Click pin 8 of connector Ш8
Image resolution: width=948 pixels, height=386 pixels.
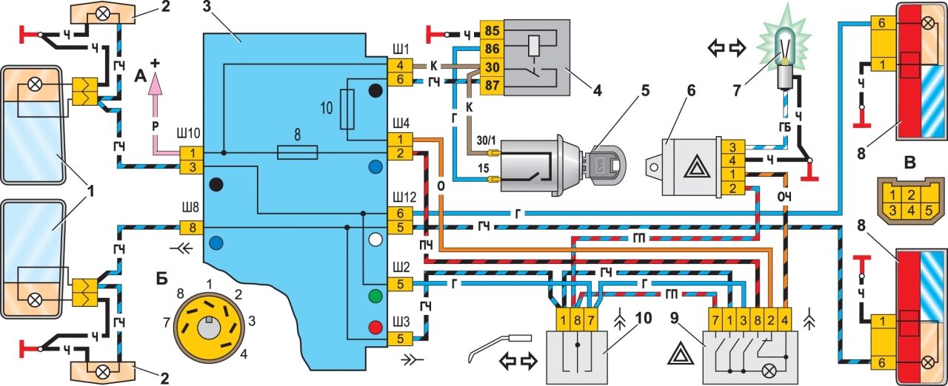point(191,227)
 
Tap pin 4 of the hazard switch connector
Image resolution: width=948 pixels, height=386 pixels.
point(785,322)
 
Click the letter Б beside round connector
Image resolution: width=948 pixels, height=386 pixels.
point(161,279)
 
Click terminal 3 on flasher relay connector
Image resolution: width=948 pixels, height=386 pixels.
point(732,146)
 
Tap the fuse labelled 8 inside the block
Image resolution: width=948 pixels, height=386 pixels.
point(296,152)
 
